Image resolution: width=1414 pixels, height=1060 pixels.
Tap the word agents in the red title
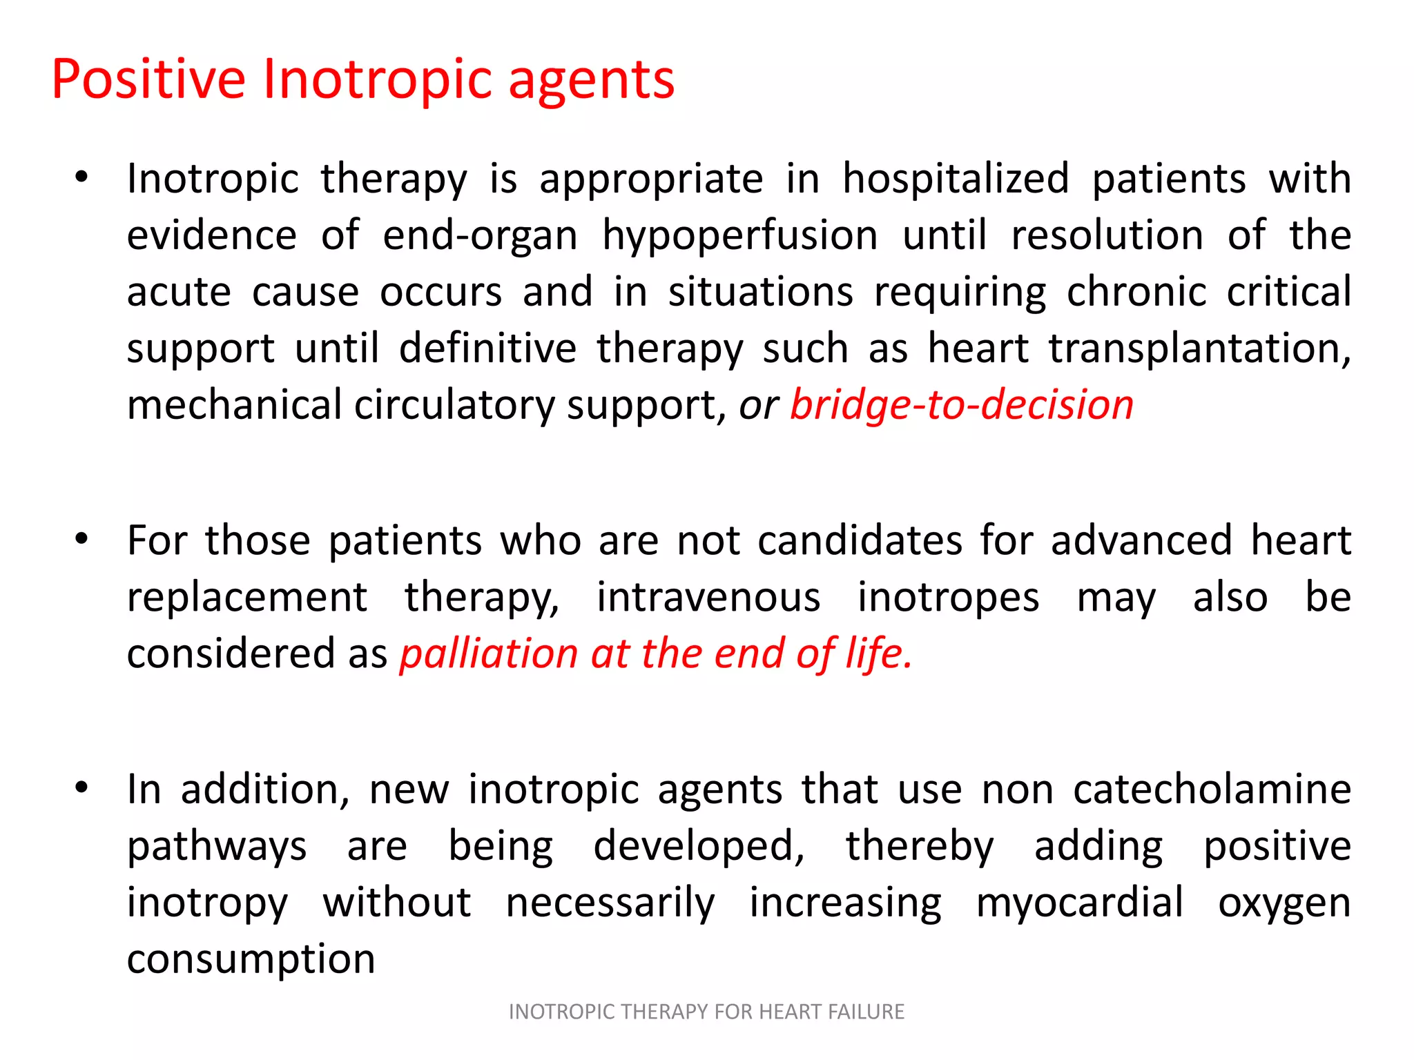591,81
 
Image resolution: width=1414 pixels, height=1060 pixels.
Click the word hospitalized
956,179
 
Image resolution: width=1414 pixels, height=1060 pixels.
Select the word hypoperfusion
740,236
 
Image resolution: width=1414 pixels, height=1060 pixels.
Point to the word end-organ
480,236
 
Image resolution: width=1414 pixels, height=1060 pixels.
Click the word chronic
1136,291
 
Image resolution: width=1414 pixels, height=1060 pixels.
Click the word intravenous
708,598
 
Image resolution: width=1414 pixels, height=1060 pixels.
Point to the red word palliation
489,654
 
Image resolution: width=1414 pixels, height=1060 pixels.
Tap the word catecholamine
1212,789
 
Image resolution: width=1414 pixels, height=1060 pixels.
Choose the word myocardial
1080,903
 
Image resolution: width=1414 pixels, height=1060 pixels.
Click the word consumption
251,959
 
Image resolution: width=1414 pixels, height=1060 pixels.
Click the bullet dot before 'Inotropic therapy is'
82,178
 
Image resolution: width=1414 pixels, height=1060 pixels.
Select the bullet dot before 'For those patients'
82,539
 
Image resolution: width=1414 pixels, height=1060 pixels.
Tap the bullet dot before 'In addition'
82,787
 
